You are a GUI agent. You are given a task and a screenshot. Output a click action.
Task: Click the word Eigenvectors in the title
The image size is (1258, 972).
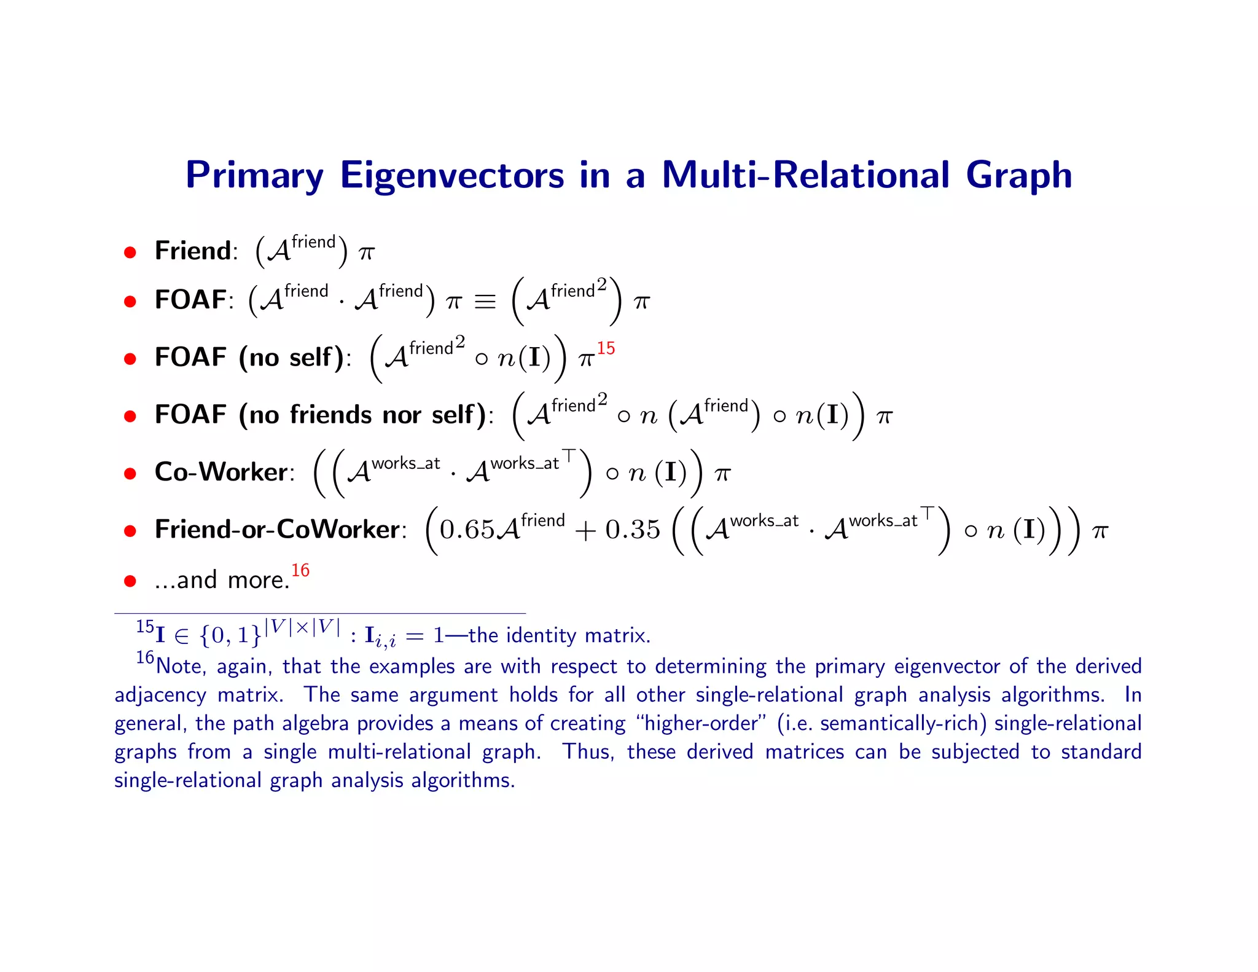tap(451, 176)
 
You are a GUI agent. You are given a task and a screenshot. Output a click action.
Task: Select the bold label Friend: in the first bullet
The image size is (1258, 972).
tap(196, 251)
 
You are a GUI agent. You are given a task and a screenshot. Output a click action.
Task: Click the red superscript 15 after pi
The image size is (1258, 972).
tap(606, 348)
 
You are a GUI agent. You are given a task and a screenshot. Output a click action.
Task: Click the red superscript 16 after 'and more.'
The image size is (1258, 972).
tap(300, 570)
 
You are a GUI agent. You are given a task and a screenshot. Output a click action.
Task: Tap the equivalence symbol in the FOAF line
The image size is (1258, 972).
tap(485, 302)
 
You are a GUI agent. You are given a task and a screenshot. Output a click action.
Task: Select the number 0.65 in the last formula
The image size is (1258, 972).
tap(467, 530)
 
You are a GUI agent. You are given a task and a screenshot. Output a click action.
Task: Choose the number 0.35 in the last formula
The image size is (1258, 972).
tap(633, 530)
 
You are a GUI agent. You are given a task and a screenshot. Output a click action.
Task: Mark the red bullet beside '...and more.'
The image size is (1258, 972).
tap(130, 581)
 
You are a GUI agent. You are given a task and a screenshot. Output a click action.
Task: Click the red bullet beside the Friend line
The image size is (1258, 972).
tap(130, 252)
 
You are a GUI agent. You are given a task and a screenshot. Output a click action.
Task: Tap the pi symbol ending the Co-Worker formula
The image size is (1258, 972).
tap(722, 474)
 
